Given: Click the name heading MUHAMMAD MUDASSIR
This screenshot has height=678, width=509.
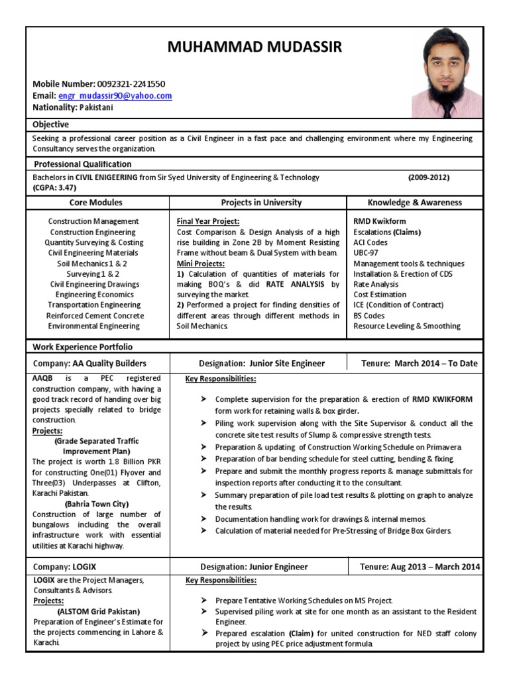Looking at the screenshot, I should point(254,47).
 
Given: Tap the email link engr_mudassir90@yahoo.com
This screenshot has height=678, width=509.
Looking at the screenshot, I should point(115,96).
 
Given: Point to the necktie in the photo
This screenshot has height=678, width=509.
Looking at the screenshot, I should point(448,107).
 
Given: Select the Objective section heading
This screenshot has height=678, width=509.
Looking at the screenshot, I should point(51,124).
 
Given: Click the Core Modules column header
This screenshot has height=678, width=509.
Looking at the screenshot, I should point(96,203).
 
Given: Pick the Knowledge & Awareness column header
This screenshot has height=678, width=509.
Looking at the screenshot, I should point(415,203).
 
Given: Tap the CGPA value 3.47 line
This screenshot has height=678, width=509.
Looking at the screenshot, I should point(54,187).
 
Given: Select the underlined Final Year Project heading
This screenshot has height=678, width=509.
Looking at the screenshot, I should point(208,221).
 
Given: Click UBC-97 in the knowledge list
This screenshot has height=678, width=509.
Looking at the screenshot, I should point(366,253).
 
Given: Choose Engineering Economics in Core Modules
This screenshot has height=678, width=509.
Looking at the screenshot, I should point(94,295).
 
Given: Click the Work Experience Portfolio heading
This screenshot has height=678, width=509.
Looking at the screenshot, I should point(83,347).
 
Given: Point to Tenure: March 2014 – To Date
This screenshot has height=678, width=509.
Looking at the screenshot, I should point(419,363).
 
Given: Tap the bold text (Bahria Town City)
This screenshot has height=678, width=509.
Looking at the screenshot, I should point(96,504).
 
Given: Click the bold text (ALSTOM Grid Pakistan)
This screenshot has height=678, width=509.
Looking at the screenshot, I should point(98,611).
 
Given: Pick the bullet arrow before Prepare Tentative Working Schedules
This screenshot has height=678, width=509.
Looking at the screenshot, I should point(202,600).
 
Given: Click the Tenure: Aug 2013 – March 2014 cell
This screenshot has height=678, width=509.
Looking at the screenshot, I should point(420,567).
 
